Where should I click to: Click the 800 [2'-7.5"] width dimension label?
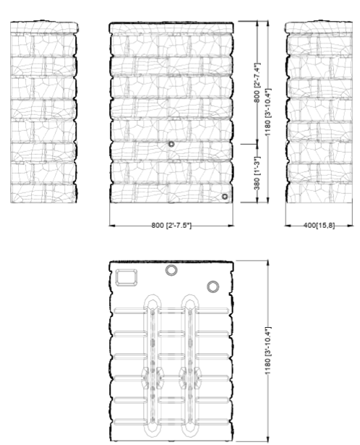coord(171,226)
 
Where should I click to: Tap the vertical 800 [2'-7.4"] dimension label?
coord(257,82)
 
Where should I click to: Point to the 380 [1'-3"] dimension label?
coord(257,174)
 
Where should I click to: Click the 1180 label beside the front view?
coord(268,112)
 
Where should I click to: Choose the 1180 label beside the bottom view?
coord(268,350)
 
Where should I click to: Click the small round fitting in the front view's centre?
coord(171,144)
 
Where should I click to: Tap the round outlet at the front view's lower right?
coord(225,196)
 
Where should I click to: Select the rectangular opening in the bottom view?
coord(127,277)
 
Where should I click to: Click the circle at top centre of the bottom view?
coord(171,270)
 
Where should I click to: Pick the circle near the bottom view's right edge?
coord(213,287)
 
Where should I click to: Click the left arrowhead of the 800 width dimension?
coord(112,226)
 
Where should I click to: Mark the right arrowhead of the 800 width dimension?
coord(231,226)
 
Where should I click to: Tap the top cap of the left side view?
coord(44,27)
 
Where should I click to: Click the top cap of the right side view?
coord(320,27)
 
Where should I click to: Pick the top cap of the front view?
coord(171,27)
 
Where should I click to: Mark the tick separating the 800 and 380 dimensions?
coord(249,144)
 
